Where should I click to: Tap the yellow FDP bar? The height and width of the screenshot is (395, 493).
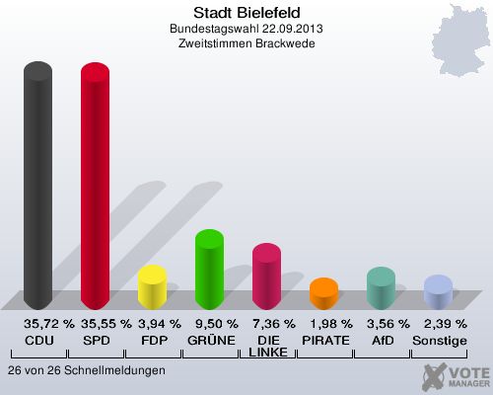coord(152,287)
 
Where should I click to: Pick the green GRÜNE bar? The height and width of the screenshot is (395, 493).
coord(209,270)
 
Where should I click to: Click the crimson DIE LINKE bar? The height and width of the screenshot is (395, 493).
coord(266,276)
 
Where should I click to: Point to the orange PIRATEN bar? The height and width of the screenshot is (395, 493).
coord(323,293)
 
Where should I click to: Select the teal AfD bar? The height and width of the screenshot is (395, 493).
coord(381,288)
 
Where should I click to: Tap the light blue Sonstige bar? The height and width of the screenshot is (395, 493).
coord(438,292)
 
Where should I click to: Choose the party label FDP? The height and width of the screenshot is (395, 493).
coord(153,340)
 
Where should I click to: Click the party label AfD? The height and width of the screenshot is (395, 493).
coord(381,340)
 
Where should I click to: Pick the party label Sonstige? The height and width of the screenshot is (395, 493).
coord(439,340)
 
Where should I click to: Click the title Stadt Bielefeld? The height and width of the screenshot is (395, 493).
coord(246,13)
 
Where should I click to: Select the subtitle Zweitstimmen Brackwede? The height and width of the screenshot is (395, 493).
coord(246,43)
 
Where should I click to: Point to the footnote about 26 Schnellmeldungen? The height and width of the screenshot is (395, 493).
coord(86,370)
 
